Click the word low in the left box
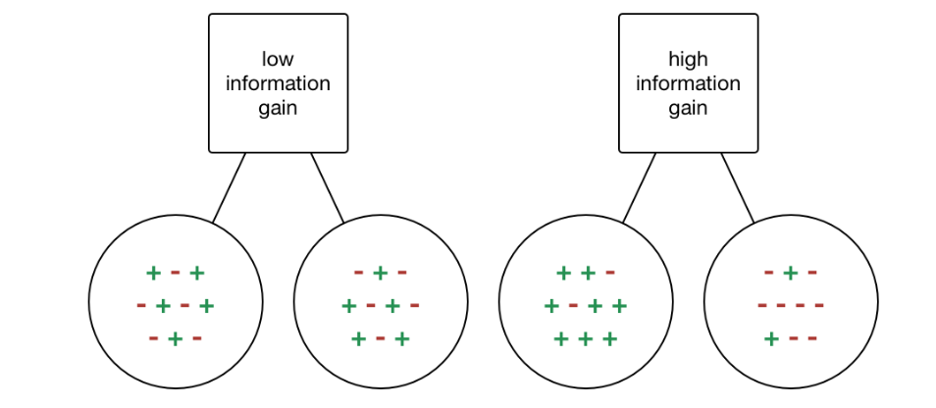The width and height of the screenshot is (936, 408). [x=278, y=59]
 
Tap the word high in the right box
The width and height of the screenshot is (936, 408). [x=688, y=59]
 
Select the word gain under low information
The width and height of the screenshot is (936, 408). [x=278, y=108]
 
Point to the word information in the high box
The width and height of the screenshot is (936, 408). [x=688, y=83]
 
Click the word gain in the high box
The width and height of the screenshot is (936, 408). [x=688, y=108]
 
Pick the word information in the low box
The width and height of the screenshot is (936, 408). [x=278, y=83]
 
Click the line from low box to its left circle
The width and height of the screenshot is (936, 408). [x=230, y=187]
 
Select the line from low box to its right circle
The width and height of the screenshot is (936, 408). [x=328, y=187]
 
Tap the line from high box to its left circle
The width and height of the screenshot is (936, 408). [x=640, y=187]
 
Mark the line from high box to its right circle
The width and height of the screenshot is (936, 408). [x=738, y=187]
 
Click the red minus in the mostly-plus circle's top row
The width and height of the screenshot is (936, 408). [x=611, y=273]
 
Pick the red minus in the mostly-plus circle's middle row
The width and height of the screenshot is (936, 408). [x=573, y=306]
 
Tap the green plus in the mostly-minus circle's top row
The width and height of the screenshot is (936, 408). [x=790, y=273]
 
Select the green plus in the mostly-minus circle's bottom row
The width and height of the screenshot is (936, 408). [x=771, y=339]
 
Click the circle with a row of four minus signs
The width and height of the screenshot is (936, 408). [x=790, y=363]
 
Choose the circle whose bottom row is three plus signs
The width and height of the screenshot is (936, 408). [x=586, y=365]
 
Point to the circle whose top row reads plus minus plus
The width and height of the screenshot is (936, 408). [x=175, y=365]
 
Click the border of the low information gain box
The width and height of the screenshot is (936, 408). [x=209, y=83]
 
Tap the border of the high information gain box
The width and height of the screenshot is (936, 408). [x=619, y=83]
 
